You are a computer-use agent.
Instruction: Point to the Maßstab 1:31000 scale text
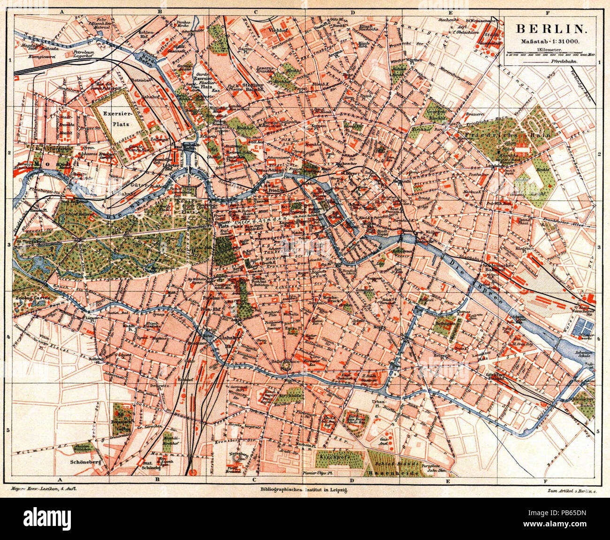pyautogui.click(x=549, y=42)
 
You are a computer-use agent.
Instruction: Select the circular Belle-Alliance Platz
pyautogui.click(x=285, y=363)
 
